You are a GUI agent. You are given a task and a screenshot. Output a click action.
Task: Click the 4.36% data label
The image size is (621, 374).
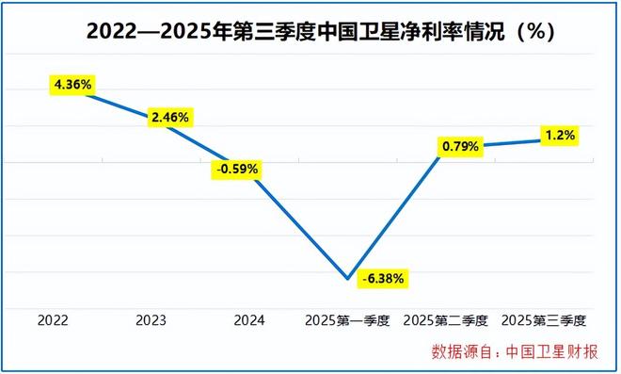(72, 85)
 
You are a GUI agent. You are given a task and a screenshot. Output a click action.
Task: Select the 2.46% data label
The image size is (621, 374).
(169, 118)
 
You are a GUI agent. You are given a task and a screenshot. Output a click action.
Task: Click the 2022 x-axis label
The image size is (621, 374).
(53, 320)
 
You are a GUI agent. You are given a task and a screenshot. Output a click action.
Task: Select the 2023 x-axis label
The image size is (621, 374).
(151, 320)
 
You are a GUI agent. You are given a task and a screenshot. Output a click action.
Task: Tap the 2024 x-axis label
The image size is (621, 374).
(249, 320)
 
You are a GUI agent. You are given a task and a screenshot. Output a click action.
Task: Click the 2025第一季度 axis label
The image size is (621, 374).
(348, 320)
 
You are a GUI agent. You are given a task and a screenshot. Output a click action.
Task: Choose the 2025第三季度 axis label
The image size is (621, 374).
(545, 320)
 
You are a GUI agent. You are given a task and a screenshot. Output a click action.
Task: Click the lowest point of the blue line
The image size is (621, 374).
(348, 278)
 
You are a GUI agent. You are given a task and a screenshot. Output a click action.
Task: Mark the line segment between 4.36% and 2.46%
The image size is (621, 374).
(117, 102)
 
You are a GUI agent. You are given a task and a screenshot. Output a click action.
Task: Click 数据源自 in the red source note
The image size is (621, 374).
(460, 353)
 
